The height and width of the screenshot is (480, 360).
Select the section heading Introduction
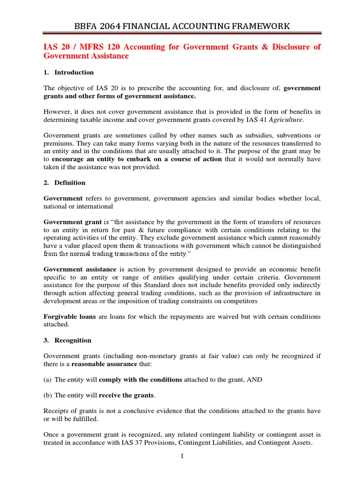74,72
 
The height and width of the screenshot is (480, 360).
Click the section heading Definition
70,182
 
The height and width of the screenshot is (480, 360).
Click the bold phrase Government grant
72,222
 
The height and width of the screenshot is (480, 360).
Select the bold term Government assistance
80,270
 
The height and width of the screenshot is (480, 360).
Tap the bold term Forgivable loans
69,316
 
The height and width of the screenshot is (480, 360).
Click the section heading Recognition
73,340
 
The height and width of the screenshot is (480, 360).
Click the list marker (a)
48,380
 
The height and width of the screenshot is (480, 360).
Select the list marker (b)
48,396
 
